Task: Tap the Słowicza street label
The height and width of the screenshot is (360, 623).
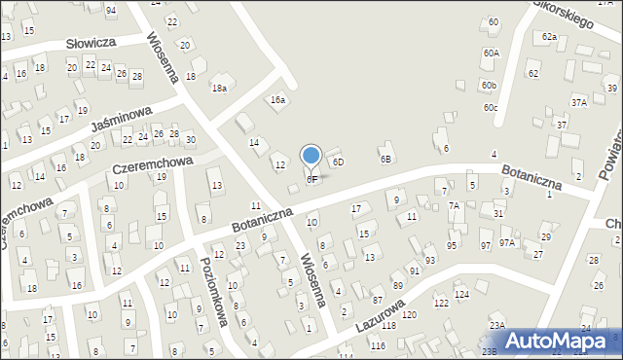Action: (92, 43)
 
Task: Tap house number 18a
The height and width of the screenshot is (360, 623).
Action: (221, 89)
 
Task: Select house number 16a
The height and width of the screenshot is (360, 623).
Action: (279, 100)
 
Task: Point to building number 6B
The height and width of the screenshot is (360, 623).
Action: (385, 159)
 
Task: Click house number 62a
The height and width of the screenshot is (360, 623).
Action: (549, 37)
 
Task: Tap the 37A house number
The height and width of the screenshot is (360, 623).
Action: (579, 101)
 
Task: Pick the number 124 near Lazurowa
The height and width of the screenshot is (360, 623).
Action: (462, 293)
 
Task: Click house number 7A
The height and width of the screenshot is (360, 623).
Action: (454, 205)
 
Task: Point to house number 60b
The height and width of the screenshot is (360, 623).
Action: (489, 86)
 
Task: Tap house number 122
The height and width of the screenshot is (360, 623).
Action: (441, 304)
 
